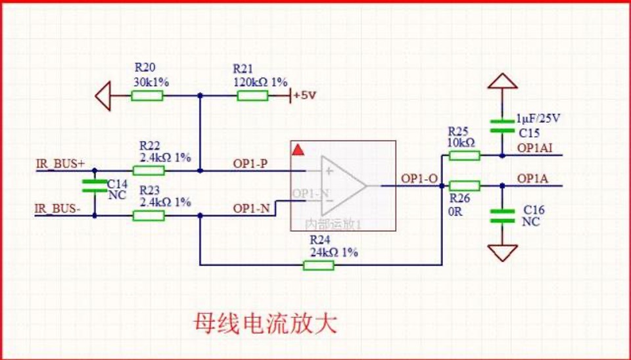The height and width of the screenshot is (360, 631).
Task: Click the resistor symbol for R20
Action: coord(147,96)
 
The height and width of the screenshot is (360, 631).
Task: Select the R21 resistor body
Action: coord(252,96)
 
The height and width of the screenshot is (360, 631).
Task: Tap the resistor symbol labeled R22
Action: coord(149,170)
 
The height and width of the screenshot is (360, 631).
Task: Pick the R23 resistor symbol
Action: coord(149,215)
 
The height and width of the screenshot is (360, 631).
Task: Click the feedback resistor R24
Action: coord(318,265)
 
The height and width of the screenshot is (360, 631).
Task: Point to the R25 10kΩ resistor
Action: coord(464,156)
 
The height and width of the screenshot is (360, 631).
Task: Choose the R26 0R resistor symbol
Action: coord(464,185)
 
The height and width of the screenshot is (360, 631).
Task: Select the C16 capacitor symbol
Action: coord(503,216)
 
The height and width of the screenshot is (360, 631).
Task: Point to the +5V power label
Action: coord(305,95)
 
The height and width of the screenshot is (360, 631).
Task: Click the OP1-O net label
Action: coord(418,179)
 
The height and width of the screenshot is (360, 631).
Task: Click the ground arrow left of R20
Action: coord(103,96)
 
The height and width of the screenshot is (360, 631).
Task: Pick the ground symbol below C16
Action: coord(503,252)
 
